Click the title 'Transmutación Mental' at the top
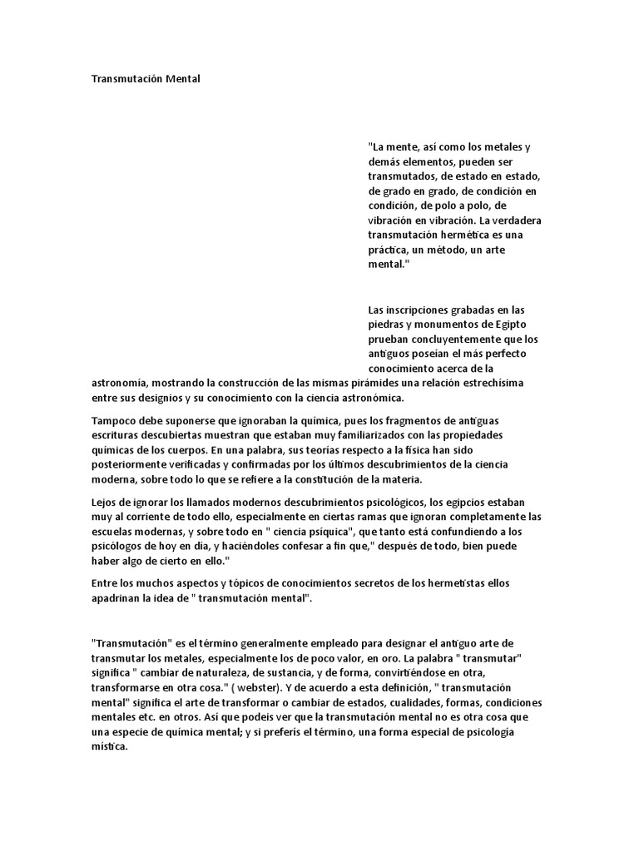click(x=146, y=79)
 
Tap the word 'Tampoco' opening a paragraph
click(x=114, y=420)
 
